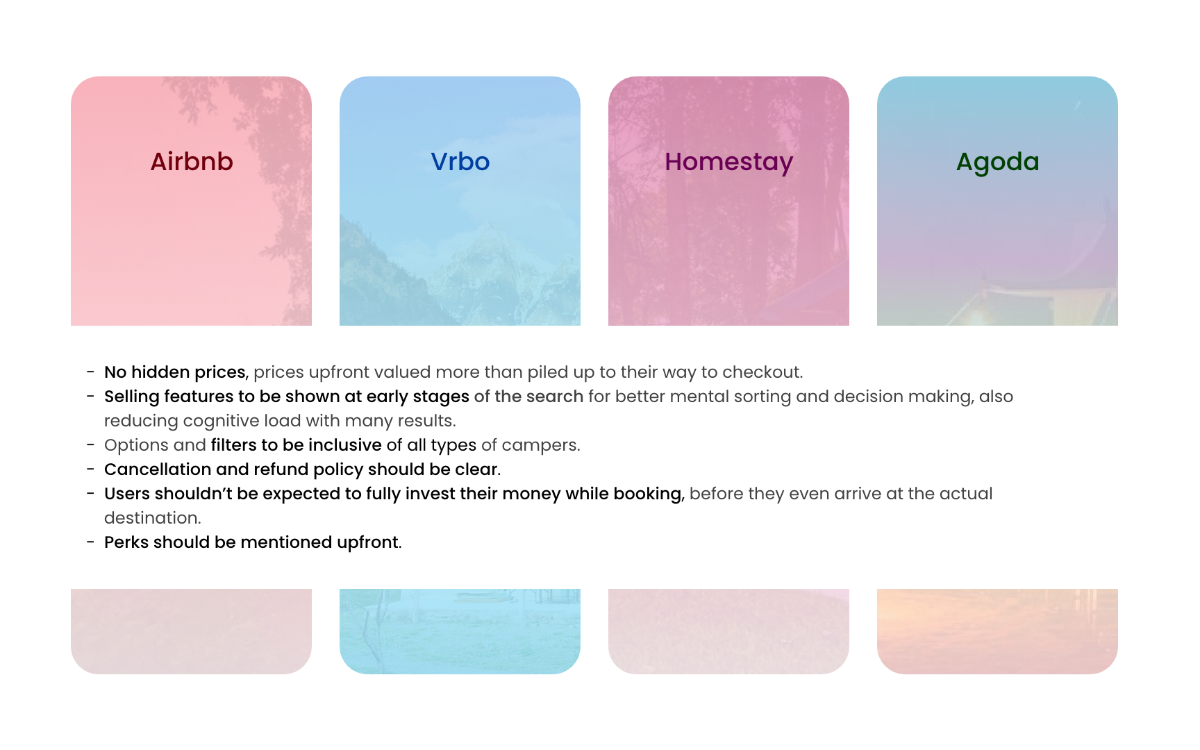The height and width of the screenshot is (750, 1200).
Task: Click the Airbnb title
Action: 192,162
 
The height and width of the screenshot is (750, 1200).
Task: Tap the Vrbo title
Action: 460,162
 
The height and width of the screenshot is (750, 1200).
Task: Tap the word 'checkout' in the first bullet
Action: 762,372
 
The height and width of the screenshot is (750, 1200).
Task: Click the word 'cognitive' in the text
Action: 197,422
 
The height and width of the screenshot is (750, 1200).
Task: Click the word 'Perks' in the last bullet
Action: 126,542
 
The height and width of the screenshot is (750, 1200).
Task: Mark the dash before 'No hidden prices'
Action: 90,372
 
